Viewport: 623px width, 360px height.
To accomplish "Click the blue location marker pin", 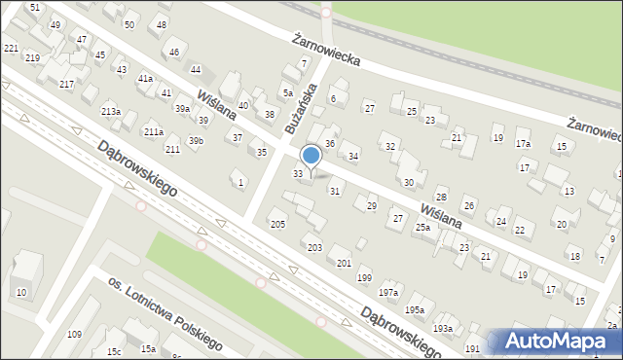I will [311, 156].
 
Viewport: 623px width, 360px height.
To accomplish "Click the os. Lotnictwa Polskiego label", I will [165, 310].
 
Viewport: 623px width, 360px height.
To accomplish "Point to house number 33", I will [298, 173].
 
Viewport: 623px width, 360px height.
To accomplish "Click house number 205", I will [277, 225].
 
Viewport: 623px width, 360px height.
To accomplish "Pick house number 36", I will [330, 144].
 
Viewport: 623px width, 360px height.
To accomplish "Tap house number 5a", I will [288, 93].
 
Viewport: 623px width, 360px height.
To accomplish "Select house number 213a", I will [111, 112].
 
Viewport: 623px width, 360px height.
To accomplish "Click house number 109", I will [74, 335].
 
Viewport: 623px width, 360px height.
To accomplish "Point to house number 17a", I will [524, 144].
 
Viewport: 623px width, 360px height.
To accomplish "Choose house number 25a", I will [422, 227].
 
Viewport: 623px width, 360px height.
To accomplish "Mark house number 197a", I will [389, 292].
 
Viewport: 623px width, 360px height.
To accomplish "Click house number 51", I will [35, 8].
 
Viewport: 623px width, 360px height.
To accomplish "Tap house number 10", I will [21, 292].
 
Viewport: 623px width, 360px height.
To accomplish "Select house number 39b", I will [196, 141].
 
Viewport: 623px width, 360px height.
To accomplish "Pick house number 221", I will [11, 48].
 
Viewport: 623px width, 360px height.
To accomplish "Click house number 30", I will [409, 182].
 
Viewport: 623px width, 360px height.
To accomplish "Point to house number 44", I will [196, 69].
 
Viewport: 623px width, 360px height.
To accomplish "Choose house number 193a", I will [443, 329].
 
